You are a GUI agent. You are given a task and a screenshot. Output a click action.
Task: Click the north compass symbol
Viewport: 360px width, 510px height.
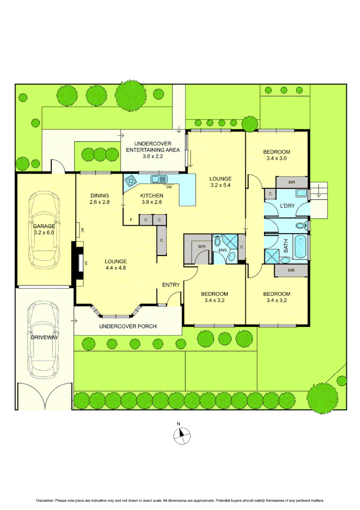coord(182,435)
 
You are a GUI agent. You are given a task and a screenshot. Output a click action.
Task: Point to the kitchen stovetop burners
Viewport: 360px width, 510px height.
coord(130,180)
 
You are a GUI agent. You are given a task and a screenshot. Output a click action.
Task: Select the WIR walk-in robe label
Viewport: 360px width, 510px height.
coord(202,246)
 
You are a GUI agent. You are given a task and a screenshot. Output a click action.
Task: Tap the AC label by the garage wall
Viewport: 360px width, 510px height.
coord(82,230)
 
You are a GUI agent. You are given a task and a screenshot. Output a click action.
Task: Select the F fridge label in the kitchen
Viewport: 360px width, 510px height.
coord(131,220)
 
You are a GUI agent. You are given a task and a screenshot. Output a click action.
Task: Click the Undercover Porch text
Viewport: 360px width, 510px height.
coord(127,326)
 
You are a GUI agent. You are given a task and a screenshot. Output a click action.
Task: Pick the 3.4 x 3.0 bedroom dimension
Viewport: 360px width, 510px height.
coord(276,159)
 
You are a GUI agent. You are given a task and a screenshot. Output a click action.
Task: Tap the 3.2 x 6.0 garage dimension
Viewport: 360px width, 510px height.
coord(43,233)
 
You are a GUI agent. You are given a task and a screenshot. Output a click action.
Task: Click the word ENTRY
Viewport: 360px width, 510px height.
coord(171,285)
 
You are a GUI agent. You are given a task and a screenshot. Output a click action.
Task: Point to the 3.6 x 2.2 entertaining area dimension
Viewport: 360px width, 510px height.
coord(152,156)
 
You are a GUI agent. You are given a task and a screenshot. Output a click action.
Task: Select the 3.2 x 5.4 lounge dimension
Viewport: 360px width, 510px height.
coord(220,186)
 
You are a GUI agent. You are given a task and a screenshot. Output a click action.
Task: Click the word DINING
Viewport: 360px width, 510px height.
coord(100,195)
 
